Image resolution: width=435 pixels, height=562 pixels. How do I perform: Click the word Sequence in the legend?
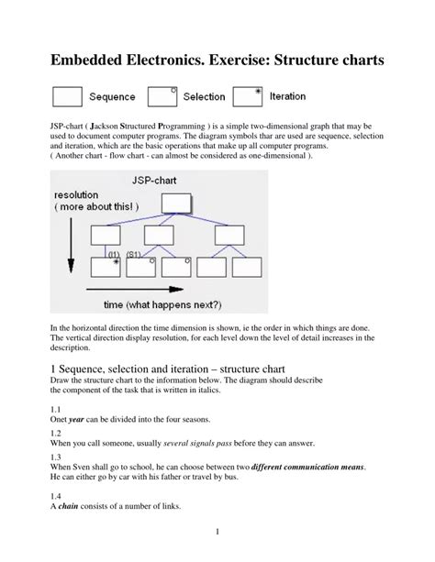click(x=112, y=97)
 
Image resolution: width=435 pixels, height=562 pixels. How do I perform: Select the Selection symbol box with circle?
click(x=162, y=96)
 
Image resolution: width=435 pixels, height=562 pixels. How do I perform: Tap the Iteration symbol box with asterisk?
click(x=249, y=96)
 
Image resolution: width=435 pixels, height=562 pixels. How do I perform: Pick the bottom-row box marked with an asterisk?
click(x=107, y=267)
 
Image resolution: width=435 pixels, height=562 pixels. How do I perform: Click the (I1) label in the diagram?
click(x=115, y=253)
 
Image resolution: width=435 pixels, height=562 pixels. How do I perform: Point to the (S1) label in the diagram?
click(x=133, y=253)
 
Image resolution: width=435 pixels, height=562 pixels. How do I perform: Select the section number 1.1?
click(x=55, y=408)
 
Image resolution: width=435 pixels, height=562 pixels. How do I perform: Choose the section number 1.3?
click(x=55, y=456)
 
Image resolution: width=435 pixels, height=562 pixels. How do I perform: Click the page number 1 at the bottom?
click(x=217, y=531)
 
